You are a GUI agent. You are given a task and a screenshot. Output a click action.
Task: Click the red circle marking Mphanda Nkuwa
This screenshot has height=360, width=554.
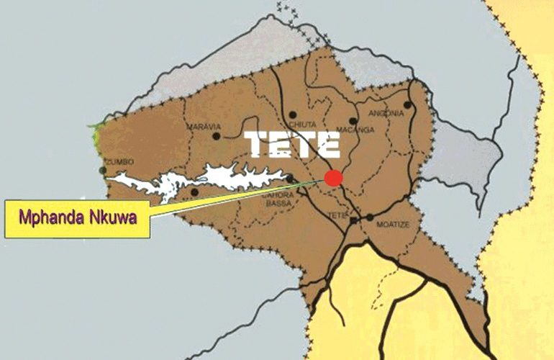click(332, 178)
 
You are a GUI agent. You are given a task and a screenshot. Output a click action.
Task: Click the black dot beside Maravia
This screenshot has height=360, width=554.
click(216, 135)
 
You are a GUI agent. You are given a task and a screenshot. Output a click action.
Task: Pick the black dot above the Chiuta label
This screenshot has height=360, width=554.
click(293, 114)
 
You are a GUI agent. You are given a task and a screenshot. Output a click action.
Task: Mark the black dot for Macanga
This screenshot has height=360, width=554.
click(353, 121)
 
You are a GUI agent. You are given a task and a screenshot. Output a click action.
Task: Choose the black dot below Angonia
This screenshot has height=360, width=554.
click(407, 105)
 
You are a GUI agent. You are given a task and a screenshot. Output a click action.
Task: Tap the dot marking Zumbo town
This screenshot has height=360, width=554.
click(104, 171)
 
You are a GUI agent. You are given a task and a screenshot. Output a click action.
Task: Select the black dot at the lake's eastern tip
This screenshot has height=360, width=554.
click(289, 179)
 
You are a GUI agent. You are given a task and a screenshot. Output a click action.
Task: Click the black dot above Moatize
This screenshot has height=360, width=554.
click(370, 217)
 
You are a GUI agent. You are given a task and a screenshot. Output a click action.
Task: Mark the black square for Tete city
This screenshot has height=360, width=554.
click(354, 220)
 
